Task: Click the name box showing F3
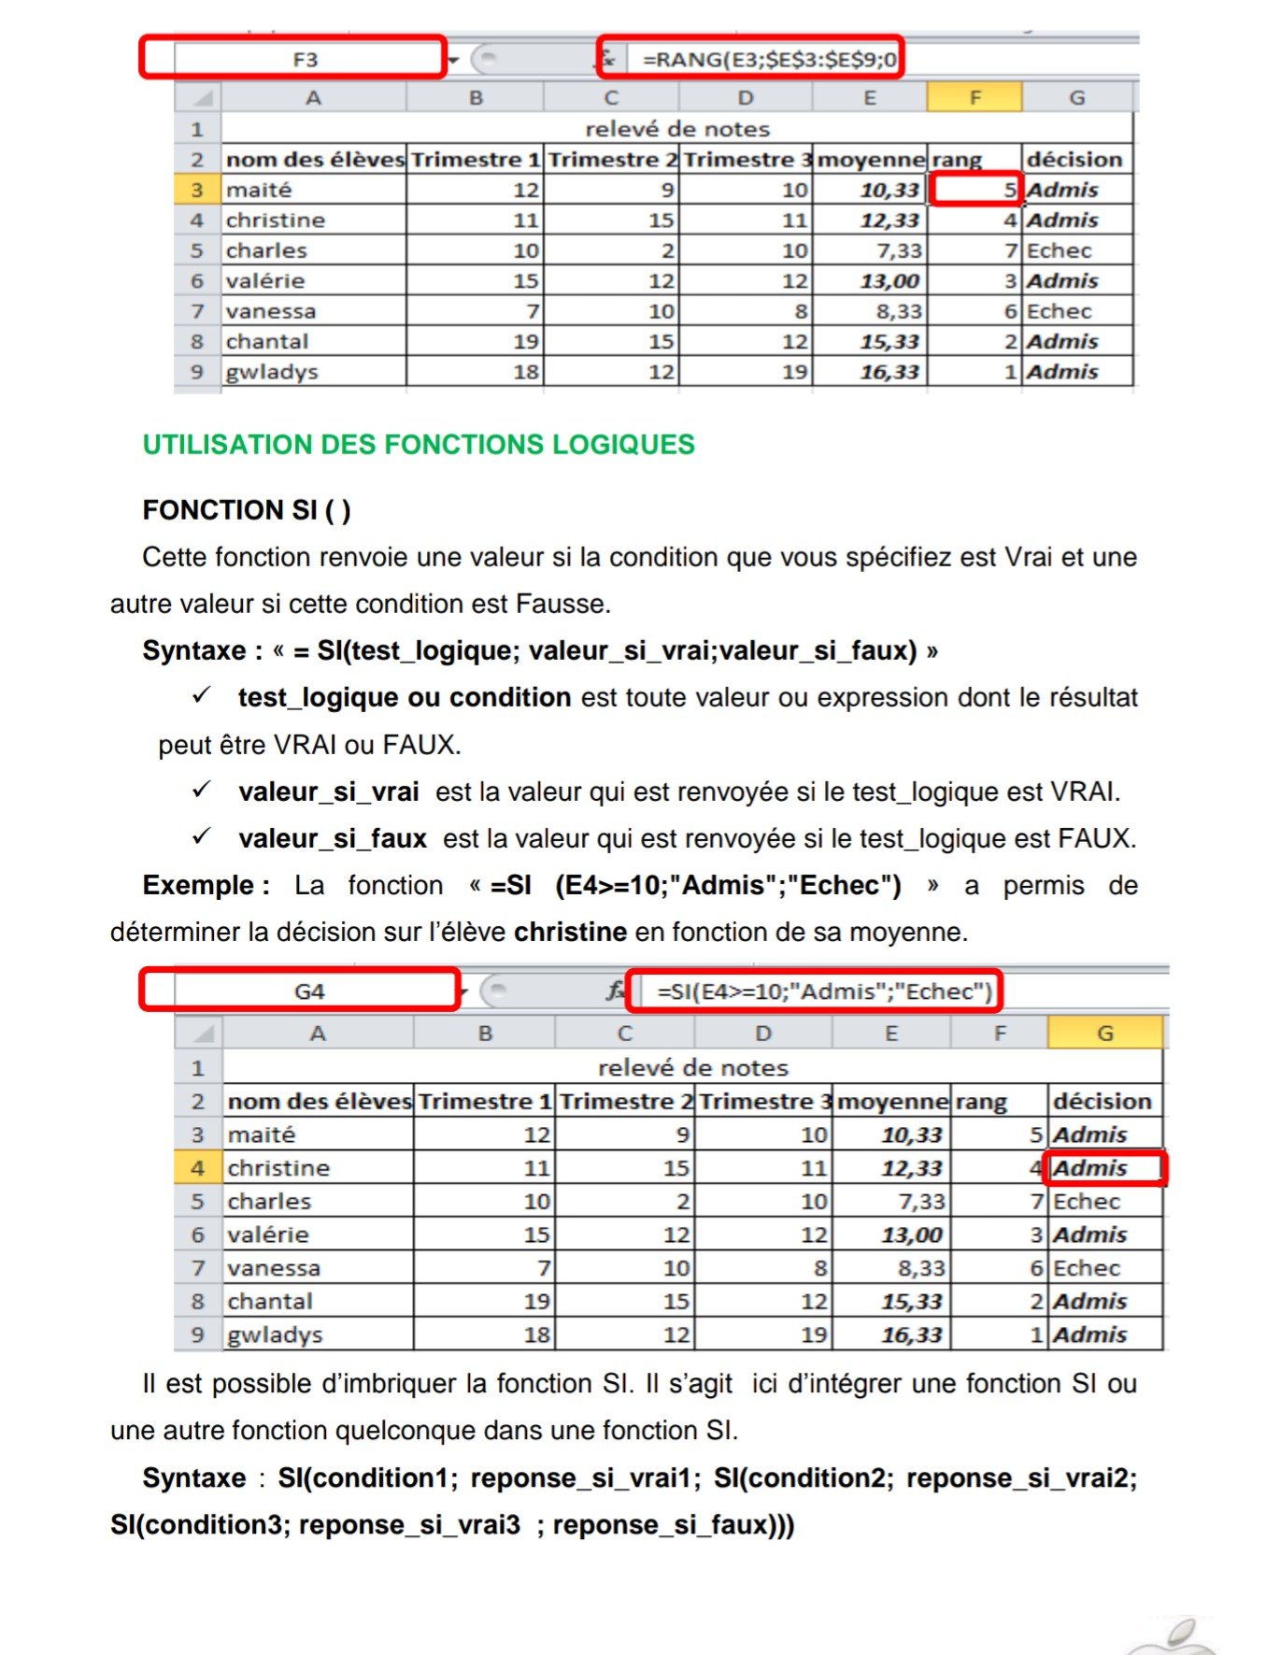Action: [x=306, y=59]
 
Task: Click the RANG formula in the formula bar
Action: [x=769, y=60]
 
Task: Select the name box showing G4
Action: [x=309, y=992]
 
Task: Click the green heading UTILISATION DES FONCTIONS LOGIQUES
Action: [x=419, y=445]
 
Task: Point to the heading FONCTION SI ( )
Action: [x=247, y=510]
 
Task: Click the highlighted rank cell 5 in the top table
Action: [x=976, y=190]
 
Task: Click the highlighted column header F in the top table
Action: [x=974, y=97]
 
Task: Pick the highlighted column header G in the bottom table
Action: [x=1105, y=1034]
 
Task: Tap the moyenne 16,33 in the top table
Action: [x=889, y=372]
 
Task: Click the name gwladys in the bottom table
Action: [x=275, y=1334]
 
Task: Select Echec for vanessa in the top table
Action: [x=1060, y=311]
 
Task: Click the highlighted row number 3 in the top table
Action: [x=197, y=190]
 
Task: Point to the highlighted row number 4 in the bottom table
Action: [x=198, y=1168]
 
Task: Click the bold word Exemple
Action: [x=206, y=885]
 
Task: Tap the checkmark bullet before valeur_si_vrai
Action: [x=202, y=790]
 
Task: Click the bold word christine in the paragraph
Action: [x=570, y=932]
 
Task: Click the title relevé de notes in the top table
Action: [x=677, y=129]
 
